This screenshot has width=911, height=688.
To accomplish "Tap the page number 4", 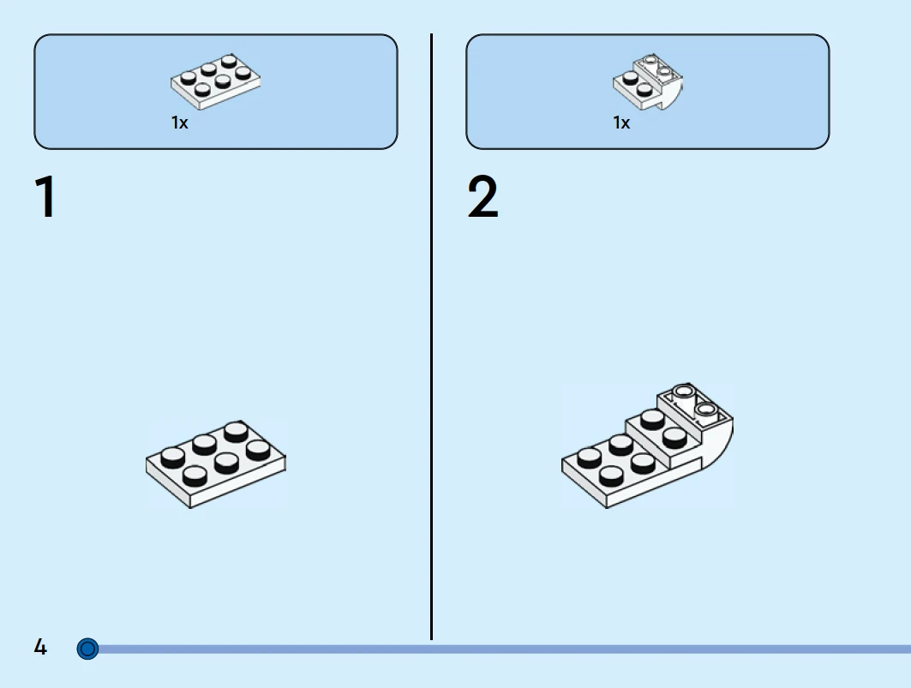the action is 39,647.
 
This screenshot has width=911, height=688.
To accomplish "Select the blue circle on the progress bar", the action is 87,649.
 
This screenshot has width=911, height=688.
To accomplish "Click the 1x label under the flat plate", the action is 179,123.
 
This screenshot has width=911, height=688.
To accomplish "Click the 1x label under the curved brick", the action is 621,123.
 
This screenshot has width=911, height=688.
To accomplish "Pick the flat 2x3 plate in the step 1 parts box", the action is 215,82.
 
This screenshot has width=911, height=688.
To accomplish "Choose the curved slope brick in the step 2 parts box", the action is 647,82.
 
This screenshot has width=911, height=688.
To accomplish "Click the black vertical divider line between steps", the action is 431,337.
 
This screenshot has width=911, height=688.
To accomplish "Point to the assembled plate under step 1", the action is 216,464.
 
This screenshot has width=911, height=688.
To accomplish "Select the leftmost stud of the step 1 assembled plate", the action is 172,458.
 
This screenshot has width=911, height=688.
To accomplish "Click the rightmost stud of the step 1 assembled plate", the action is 258,450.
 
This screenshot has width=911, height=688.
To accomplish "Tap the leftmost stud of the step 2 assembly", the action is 589,458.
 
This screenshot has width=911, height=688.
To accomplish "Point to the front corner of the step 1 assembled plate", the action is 190,506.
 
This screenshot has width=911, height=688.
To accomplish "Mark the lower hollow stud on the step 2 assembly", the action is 705,410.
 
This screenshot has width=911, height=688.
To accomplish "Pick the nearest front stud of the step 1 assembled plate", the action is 195,476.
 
